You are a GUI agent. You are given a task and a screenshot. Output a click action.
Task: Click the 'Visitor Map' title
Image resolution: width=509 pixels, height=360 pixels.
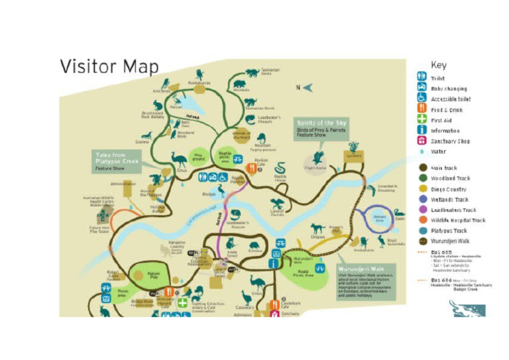click(x=109, y=67)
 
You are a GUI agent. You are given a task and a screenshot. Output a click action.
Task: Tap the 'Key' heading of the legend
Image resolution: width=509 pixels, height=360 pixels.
click(x=438, y=65)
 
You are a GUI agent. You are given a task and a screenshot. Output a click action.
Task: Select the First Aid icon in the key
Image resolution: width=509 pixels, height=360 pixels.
click(x=421, y=120)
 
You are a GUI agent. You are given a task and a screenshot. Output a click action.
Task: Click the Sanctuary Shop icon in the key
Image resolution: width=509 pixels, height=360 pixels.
click(x=421, y=141)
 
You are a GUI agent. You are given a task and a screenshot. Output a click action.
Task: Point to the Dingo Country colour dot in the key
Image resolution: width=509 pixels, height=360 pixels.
click(x=421, y=189)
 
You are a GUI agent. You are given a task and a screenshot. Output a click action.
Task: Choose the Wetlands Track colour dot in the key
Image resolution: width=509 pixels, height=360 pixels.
click(x=421, y=199)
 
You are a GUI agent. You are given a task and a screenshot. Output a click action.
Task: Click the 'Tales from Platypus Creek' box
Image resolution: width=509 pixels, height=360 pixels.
click(x=117, y=162)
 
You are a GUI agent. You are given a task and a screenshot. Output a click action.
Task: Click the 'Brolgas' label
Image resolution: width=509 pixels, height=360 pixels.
click(x=210, y=194)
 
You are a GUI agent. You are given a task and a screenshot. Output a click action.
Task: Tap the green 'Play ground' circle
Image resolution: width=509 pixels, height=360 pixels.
click(x=198, y=157)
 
